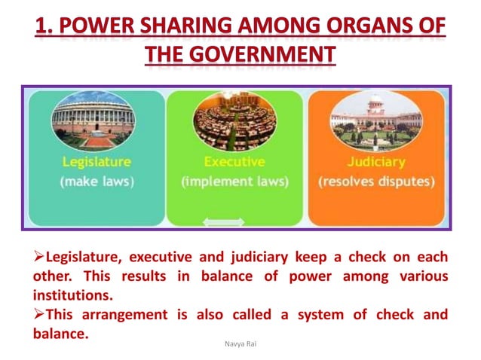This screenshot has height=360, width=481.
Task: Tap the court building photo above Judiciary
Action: [x=375, y=121]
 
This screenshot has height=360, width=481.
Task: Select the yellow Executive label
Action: [x=234, y=162]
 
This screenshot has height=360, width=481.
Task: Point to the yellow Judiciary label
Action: [x=375, y=162]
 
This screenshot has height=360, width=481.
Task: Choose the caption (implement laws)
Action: [x=234, y=182]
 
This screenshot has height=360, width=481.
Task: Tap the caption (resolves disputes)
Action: [x=375, y=182]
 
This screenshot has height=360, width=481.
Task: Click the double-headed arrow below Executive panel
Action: [x=225, y=222]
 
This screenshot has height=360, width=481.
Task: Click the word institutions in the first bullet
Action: [x=72, y=294]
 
